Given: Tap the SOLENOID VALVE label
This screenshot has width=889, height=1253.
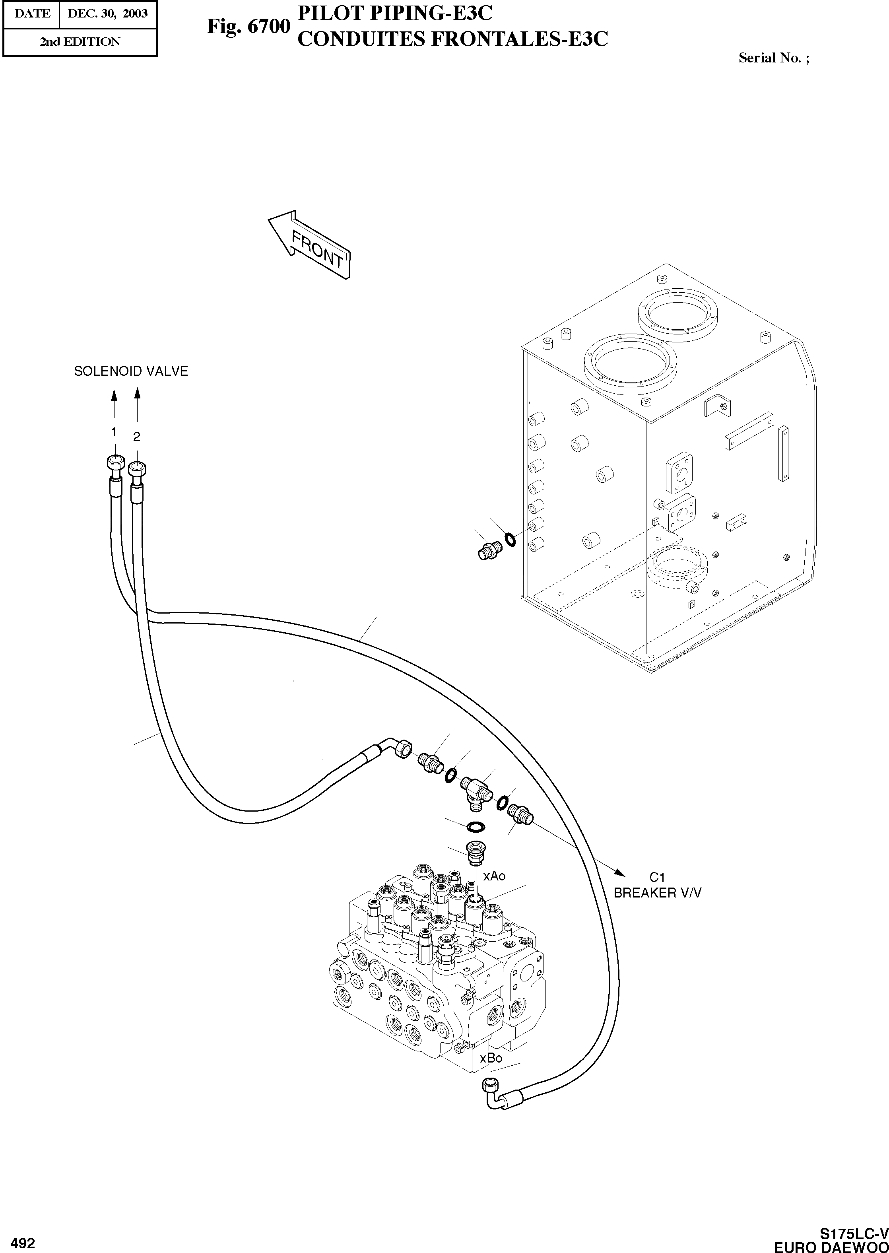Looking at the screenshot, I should point(131,371).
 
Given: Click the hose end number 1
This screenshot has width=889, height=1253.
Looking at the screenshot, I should point(114,433).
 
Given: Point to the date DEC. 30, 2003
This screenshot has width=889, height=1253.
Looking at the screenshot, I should point(107,14).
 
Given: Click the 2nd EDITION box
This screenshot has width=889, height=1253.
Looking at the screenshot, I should point(80,42).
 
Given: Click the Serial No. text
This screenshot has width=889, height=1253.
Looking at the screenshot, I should point(773,58).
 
